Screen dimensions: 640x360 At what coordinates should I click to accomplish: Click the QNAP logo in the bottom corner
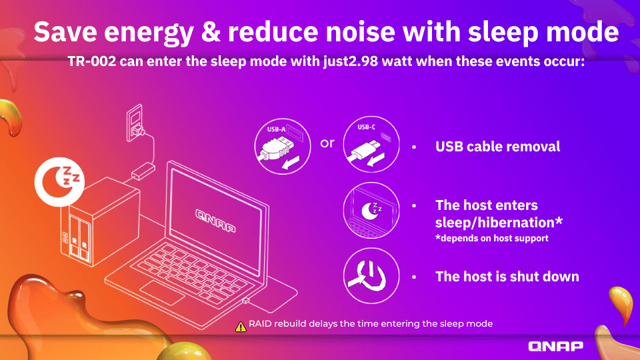click(555, 346)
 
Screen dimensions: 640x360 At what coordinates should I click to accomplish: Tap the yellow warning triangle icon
click(241, 327)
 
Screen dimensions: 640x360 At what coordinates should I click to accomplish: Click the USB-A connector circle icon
click(283, 147)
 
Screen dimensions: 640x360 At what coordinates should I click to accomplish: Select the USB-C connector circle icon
click(371, 144)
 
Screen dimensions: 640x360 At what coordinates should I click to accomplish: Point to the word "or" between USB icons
click(327, 143)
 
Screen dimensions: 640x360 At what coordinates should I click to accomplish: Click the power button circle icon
click(371, 276)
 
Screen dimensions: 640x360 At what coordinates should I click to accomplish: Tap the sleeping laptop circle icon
click(371, 210)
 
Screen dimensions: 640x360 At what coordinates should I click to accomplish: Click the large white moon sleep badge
click(59, 181)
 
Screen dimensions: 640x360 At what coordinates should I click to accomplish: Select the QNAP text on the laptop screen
click(215, 221)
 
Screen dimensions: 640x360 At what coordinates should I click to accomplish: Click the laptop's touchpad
click(162, 292)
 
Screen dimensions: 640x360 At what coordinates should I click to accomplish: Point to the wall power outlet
click(135, 123)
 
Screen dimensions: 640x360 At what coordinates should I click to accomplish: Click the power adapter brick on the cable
click(143, 171)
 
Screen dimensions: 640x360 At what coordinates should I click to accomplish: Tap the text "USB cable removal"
click(497, 147)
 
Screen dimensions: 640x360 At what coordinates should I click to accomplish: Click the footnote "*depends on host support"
click(492, 238)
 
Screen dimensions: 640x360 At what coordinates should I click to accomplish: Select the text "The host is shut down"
click(507, 276)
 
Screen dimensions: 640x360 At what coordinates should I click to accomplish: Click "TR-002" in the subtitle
click(92, 61)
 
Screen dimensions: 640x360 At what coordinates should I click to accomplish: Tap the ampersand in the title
click(211, 31)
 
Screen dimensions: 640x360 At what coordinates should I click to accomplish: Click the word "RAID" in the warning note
click(260, 324)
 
